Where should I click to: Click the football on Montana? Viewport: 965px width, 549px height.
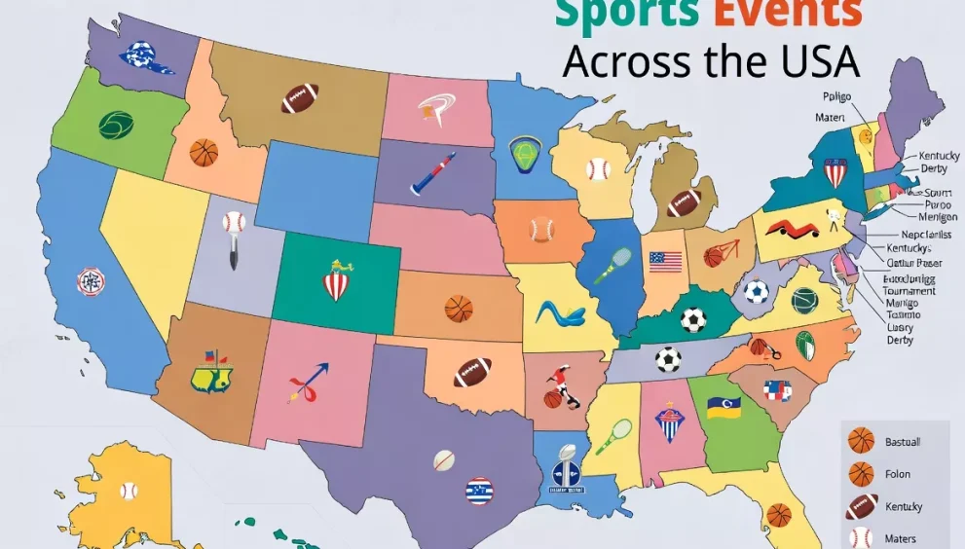coord(300,98)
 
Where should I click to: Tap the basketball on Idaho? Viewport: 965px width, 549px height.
coord(204,152)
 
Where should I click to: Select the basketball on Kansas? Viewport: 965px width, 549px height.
coord(459,309)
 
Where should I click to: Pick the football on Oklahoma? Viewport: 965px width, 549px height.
coord(472,372)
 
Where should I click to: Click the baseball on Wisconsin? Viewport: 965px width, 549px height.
coord(598,169)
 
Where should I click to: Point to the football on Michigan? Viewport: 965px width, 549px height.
coord(684,203)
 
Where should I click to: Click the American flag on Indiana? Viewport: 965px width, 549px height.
coord(666,261)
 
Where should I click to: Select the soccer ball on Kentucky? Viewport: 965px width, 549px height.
coord(693,319)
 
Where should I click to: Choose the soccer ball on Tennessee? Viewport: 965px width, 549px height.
coord(668,359)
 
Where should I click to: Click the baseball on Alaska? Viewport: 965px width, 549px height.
coord(129,490)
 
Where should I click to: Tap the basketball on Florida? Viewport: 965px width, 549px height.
coord(778,514)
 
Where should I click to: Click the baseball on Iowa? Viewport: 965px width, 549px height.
coord(541,230)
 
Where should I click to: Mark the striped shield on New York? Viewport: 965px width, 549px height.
coord(835,172)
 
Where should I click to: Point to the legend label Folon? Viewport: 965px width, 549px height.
coord(898,475)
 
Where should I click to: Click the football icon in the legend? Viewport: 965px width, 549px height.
coord(861,507)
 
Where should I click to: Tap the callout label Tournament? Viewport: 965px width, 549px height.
coord(909,290)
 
